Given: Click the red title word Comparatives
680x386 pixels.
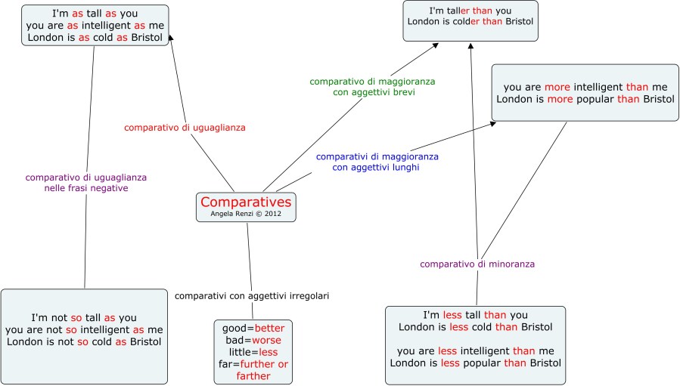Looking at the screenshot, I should [x=246, y=202].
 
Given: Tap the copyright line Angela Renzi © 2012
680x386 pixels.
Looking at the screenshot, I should [x=246, y=215].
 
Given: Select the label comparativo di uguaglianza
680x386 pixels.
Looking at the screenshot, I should [x=185, y=128].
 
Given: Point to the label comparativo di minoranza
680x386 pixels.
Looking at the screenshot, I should [x=477, y=264].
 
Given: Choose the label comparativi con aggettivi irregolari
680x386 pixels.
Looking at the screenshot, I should [x=252, y=295].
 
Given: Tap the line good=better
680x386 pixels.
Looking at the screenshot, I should [x=253, y=329].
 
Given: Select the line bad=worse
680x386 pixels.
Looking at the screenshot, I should [x=253, y=341].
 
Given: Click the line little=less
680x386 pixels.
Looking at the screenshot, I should [x=253, y=352].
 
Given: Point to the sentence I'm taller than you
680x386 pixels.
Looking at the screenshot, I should [x=470, y=11].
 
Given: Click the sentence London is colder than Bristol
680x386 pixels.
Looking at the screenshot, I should [x=470, y=21].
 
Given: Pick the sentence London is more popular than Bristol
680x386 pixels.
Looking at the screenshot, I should [x=585, y=99].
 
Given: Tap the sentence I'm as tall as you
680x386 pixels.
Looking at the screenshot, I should [x=95, y=14].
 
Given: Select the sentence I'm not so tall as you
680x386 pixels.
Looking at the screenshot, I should [x=85, y=317].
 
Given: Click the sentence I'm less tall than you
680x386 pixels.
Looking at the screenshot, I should [x=475, y=315].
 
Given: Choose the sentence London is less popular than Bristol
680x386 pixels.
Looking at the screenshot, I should [x=475, y=363].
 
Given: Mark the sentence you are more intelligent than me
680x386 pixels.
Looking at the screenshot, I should [x=585, y=87].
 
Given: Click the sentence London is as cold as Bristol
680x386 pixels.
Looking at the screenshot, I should [x=95, y=37].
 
